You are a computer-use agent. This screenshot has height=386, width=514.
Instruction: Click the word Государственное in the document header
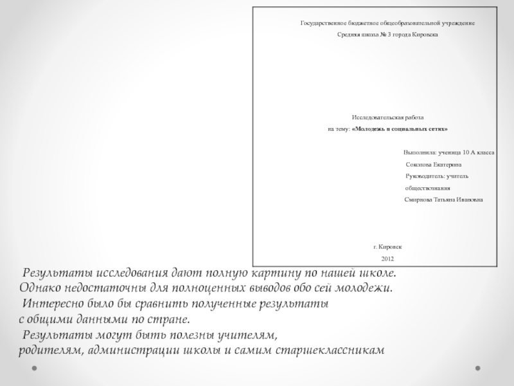321,23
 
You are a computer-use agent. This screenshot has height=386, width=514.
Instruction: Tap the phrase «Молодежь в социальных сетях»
400,129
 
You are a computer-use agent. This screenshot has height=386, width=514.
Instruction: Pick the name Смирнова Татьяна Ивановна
444,200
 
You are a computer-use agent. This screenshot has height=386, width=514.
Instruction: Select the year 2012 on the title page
387,258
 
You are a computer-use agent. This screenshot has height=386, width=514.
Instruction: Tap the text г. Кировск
387,247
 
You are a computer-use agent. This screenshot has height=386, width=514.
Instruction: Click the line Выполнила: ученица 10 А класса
448,153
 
